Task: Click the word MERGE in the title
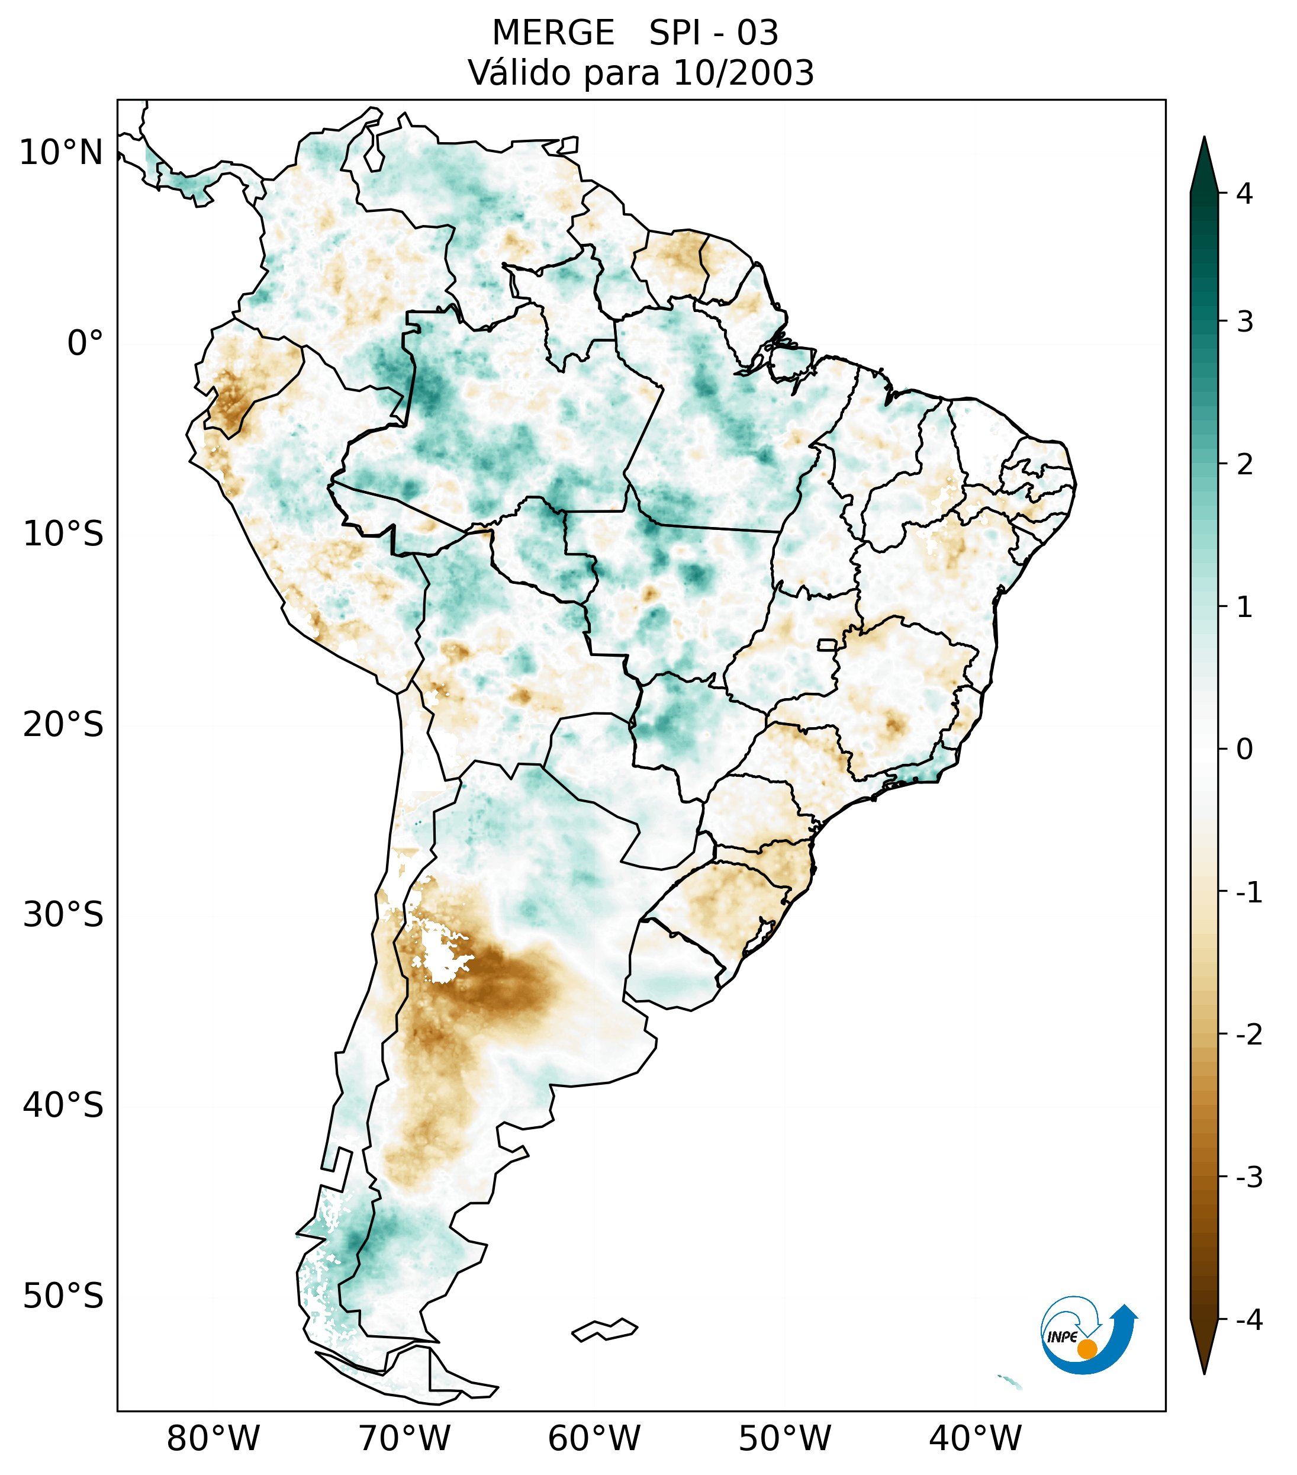click(553, 33)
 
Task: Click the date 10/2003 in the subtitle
click(743, 73)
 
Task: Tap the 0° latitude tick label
click(85, 343)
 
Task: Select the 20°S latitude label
click(63, 725)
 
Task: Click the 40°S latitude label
click(63, 1105)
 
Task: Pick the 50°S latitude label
click(63, 1296)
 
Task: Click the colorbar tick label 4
click(1244, 194)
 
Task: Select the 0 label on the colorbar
click(1244, 750)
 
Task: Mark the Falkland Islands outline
click(604, 1329)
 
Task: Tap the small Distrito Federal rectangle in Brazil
click(828, 644)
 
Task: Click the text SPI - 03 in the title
click(713, 33)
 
